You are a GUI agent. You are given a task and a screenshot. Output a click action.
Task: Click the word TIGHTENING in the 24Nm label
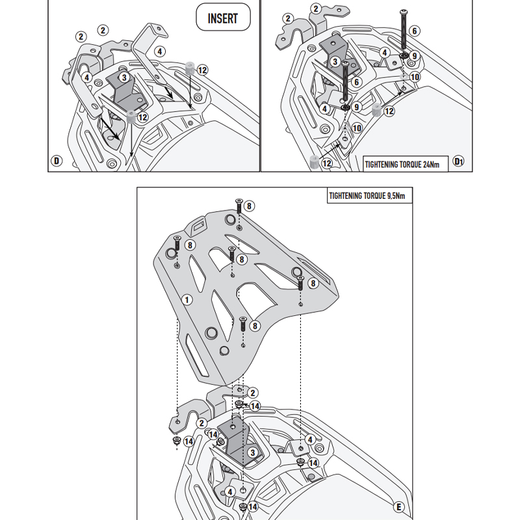pos(380,164)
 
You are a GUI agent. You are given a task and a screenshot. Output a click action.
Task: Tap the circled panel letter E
pos(398,506)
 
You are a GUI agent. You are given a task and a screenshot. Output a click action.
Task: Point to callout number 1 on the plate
pos(187,300)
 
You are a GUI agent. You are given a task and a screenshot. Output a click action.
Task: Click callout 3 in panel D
pos(123,77)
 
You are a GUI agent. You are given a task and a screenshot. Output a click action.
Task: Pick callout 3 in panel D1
pos(335,61)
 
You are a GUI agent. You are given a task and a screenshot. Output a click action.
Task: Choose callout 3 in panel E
pos(251,452)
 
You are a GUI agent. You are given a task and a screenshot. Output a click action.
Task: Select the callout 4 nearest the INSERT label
pos(160,50)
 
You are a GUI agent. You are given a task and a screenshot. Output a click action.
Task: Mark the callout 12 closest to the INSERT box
pos(202,70)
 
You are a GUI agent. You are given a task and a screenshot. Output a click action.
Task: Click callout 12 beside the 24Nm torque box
pos(327,164)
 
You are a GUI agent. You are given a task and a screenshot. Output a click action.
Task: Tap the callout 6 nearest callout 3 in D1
pos(357,81)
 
